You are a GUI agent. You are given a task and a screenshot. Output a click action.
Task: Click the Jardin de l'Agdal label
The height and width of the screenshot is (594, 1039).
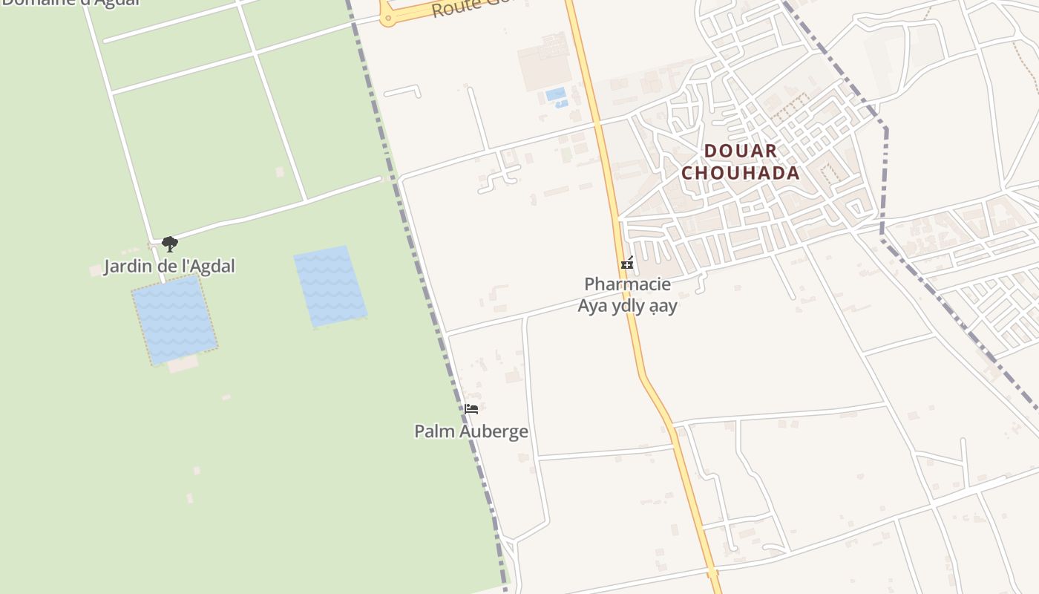[169, 266]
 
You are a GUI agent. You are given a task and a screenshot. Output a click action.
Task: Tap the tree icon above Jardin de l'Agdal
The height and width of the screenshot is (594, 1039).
[170, 244]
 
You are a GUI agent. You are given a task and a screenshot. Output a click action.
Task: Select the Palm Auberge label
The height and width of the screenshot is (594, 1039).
[471, 431]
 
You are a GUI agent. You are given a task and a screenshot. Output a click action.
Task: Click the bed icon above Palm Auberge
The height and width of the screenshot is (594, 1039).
[471, 408]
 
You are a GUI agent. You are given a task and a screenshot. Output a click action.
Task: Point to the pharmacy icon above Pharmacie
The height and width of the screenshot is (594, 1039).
[627, 263]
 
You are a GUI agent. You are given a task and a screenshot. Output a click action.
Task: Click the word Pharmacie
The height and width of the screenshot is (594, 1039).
[627, 284]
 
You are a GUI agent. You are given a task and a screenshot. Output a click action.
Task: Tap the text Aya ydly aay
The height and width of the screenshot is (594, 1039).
[627, 305]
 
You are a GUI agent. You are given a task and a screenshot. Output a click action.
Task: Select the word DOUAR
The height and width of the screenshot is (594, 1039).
[741, 151]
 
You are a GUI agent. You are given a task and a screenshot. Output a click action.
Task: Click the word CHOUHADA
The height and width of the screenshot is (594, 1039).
[741, 173]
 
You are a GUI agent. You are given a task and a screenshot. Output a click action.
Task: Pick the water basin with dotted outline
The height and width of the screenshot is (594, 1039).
[174, 319]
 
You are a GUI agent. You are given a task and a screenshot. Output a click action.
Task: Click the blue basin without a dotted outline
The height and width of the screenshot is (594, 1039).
[330, 286]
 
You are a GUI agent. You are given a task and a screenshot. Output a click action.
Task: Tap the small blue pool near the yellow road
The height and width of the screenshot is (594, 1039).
[556, 94]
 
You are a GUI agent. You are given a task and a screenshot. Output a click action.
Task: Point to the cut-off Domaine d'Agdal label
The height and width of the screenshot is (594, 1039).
[71, 3]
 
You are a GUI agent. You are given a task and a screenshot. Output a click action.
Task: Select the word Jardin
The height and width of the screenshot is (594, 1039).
[127, 266]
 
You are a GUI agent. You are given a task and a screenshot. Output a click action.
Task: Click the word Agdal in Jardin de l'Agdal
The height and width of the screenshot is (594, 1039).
[212, 266]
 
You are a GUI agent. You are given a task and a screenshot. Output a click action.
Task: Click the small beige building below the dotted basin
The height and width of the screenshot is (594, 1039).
[183, 364]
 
